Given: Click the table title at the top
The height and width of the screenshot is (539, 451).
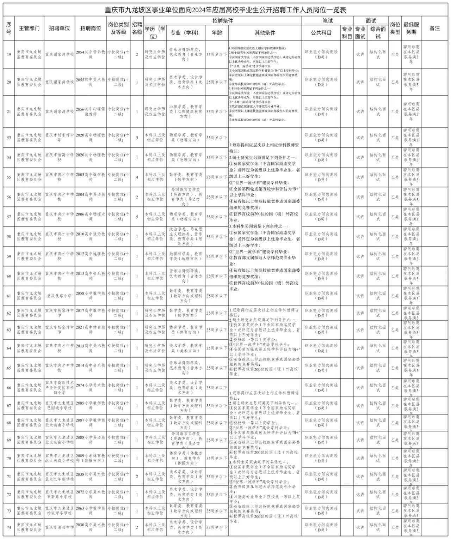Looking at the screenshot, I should [x=225, y=10].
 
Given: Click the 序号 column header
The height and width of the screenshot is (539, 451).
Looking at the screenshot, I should [x=9, y=29].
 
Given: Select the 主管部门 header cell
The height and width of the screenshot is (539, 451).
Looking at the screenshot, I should [x=29, y=29].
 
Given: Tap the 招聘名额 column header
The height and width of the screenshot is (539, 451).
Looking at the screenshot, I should [x=137, y=29].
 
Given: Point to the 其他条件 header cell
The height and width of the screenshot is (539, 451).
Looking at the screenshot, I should [x=265, y=33].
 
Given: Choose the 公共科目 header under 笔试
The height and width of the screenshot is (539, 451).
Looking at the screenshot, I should [x=321, y=33].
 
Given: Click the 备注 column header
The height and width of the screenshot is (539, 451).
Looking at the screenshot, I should [x=434, y=29].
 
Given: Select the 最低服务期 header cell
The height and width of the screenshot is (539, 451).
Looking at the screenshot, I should [x=411, y=29].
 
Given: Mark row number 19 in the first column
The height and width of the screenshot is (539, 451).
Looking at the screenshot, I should [x=9, y=54].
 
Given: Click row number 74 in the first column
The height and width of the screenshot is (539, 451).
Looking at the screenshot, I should [x=9, y=527].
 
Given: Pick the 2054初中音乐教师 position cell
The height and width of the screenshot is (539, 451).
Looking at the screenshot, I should [x=91, y=54].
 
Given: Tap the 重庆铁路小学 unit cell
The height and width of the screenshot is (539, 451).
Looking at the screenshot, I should [x=59, y=296].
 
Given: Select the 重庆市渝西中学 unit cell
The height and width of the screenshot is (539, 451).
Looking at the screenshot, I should [x=59, y=527].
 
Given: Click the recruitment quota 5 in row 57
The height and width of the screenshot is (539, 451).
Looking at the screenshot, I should [x=137, y=217].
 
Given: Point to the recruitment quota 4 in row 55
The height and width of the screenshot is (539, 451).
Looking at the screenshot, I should [x=137, y=177].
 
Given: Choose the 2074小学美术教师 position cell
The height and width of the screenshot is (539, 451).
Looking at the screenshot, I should [x=91, y=388].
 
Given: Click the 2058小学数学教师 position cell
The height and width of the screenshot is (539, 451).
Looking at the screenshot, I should [x=91, y=296].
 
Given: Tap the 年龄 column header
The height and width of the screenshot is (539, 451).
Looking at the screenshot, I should [x=217, y=33].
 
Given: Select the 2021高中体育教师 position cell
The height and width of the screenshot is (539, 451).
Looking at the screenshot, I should [x=91, y=330].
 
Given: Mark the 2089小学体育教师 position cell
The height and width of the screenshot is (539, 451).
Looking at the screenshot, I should [x=91, y=458].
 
